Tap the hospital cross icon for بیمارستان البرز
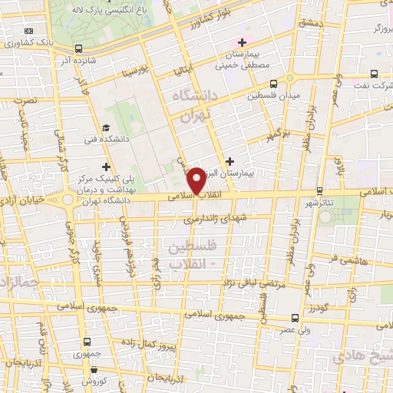point(230,160)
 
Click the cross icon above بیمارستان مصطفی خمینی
point(243,42)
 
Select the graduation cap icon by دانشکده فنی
point(106,128)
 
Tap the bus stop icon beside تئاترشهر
point(319,190)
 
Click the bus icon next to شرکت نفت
point(373,75)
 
